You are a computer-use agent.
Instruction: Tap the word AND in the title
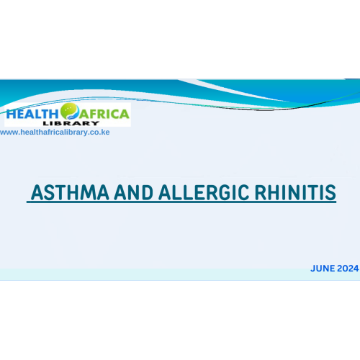coord(120,193)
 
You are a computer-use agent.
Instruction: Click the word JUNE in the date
coord(323,269)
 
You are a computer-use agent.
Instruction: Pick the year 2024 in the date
coord(347,269)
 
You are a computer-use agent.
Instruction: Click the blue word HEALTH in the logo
coord(32,113)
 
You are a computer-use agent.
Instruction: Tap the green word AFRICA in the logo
coord(105,113)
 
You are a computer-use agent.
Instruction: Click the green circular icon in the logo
coord(71,111)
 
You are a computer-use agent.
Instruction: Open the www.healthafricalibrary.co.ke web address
coord(55,132)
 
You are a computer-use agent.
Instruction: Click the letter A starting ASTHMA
coord(35,193)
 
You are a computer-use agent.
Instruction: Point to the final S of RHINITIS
coord(331,193)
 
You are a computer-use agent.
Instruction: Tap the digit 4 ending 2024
coord(355,269)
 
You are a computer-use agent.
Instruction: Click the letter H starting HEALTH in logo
coord(11,113)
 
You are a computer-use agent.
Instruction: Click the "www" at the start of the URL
coord(7,132)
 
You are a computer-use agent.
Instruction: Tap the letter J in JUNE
coord(313,269)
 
